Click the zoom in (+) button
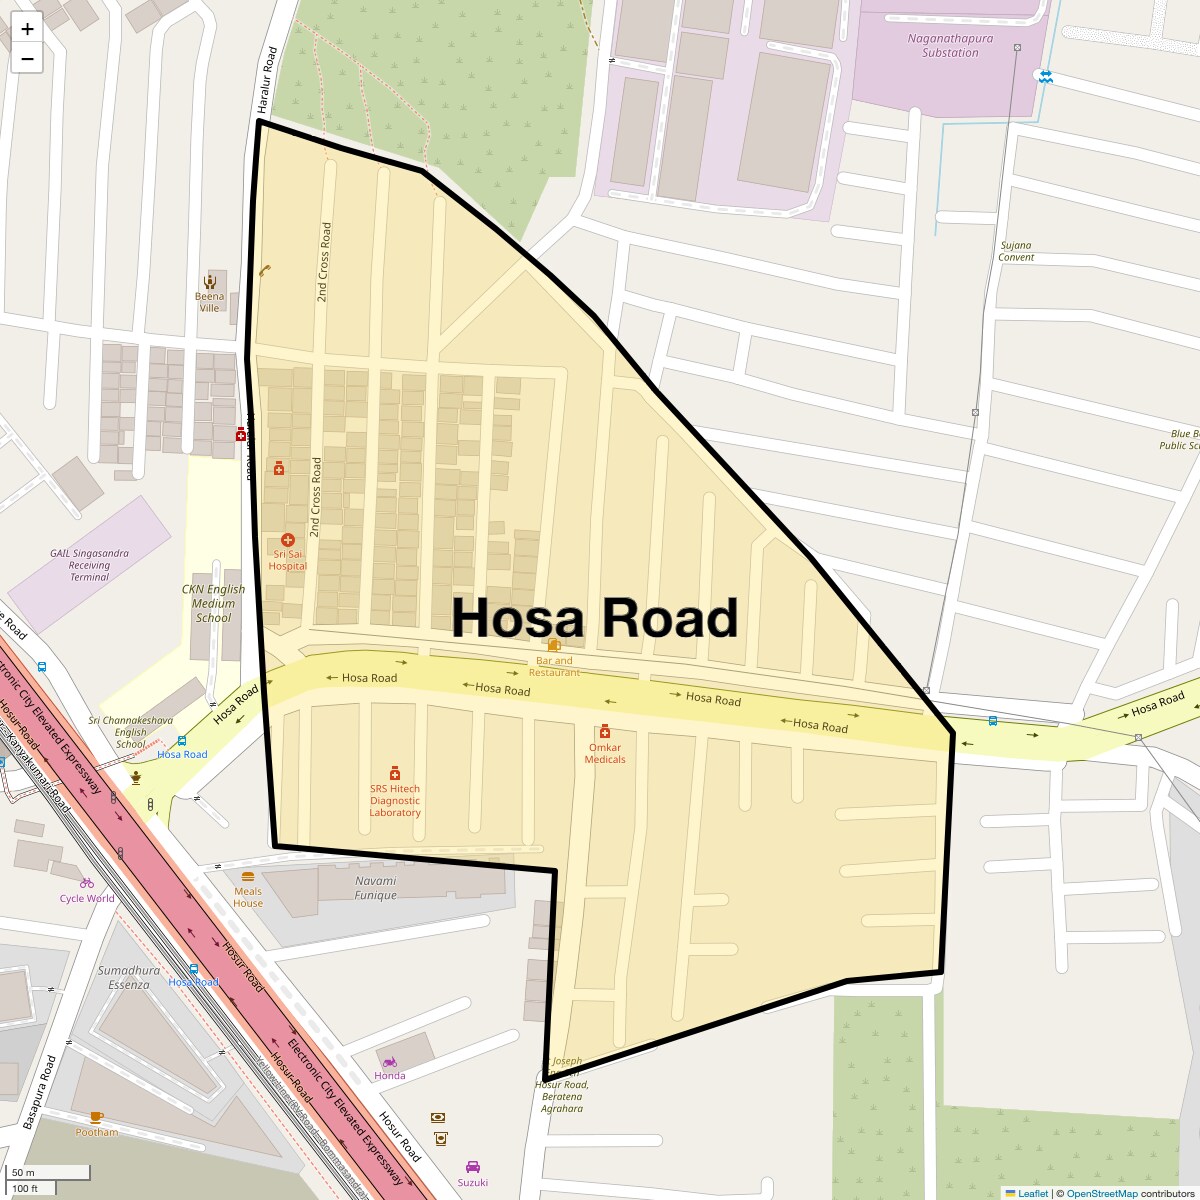coord(27,29)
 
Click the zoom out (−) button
coord(27,59)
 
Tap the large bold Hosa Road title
coord(595,618)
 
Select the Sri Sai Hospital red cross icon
coord(288,540)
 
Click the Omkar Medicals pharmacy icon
coord(605,732)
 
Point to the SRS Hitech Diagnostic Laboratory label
coord(395,800)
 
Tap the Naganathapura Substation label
coord(950,46)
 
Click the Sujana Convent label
coord(1016,251)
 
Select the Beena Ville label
coord(210,302)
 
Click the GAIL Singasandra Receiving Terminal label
coord(90,565)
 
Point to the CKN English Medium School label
coord(213,603)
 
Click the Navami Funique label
coord(376,888)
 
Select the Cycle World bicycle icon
coord(87,883)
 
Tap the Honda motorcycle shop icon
coord(390,1062)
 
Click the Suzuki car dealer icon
coord(473,1167)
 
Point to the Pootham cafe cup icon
coord(96,1117)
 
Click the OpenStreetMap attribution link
coord(1101,1193)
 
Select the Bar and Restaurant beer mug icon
coord(554,645)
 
